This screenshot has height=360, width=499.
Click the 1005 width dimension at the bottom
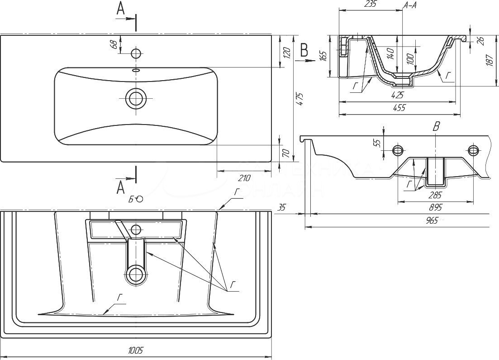coord(136,350)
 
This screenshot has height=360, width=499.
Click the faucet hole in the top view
coord(136,53)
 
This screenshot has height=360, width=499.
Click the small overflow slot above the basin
coord(136,70)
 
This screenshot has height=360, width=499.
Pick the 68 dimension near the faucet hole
coord(114,44)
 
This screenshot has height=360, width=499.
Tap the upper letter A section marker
coord(120,9)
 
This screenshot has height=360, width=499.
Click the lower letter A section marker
coord(121,187)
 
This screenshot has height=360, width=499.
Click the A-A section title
coord(409,5)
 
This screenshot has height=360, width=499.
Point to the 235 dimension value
coord(371,4)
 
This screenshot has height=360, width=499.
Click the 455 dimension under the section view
coord(399,107)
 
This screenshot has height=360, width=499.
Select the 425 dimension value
coord(398,95)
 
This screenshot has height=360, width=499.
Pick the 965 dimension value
coord(432,221)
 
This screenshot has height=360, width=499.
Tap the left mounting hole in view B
coord(398,150)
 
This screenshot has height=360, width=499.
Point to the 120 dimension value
coord(285,53)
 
